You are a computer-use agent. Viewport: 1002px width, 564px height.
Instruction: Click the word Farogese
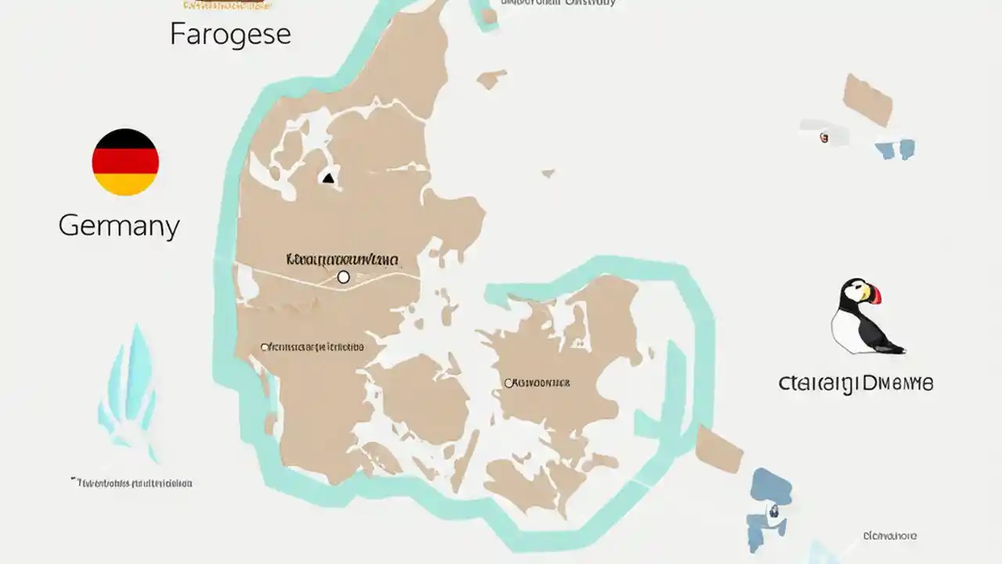click(x=230, y=34)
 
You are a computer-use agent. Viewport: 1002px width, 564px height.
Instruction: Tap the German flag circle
click(x=125, y=162)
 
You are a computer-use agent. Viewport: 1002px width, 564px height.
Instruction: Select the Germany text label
click(x=119, y=226)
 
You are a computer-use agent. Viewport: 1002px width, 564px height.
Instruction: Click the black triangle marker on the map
click(x=328, y=179)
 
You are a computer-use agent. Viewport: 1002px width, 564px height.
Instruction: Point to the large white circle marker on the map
click(x=343, y=277)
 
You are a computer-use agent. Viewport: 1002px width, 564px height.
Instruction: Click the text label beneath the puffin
click(x=856, y=384)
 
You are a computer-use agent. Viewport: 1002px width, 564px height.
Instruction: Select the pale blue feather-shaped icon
click(x=132, y=392)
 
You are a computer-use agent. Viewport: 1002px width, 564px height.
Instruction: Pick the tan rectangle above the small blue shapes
click(x=867, y=99)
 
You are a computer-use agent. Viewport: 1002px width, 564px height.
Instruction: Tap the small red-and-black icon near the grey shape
click(x=824, y=138)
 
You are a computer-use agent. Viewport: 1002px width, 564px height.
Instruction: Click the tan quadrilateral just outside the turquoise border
click(x=718, y=450)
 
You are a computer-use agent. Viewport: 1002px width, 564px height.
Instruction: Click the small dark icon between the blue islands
click(x=773, y=511)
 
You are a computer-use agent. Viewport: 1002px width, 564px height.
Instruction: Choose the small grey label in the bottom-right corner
click(x=889, y=537)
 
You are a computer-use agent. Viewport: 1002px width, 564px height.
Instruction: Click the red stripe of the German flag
click(x=125, y=162)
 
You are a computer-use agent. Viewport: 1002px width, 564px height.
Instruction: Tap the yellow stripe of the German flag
click(x=125, y=184)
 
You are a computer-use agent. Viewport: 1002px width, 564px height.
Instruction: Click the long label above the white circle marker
click(x=342, y=259)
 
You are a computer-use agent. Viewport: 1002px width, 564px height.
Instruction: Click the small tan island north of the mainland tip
click(x=492, y=78)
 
